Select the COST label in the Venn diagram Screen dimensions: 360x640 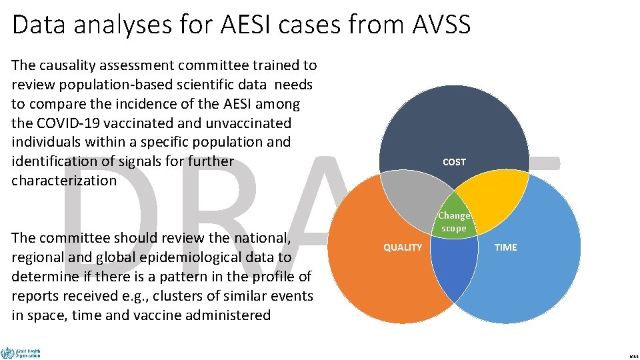[x=454, y=162]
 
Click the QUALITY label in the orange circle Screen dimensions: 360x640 [x=403, y=247]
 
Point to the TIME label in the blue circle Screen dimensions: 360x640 [x=505, y=247]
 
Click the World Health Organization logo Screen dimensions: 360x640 [x=21, y=353]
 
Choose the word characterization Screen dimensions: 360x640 [x=64, y=181]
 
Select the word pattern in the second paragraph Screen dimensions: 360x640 [x=209, y=277]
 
